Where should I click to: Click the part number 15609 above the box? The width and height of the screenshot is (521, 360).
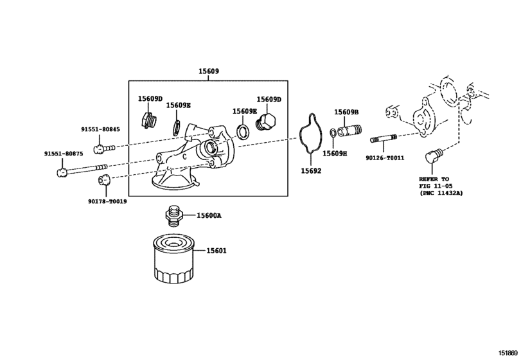point(209,71)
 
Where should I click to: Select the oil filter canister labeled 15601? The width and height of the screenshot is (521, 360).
point(173,259)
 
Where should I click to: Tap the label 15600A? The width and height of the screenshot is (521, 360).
point(209,216)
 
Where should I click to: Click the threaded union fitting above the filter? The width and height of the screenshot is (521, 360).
point(174,216)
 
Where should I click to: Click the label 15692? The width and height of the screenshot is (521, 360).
point(311,171)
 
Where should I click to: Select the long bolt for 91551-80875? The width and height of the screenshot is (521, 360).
point(82,170)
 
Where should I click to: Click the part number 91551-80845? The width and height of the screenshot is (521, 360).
point(100,130)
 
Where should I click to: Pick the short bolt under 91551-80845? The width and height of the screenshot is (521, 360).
point(104,148)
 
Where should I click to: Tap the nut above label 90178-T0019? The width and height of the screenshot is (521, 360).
point(104,180)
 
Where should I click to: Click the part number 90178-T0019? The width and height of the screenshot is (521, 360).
point(107,202)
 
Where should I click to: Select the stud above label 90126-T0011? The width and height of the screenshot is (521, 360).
point(384,138)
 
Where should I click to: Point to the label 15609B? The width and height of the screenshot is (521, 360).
point(346,113)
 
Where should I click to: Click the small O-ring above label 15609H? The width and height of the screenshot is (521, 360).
point(333,132)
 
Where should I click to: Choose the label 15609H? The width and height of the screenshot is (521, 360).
point(335,154)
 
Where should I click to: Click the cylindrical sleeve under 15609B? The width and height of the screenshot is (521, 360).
point(349,130)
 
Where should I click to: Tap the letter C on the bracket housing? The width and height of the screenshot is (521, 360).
point(184,157)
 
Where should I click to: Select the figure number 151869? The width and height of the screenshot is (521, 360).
point(508,353)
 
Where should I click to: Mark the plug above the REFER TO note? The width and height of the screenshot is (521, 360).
point(433,156)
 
